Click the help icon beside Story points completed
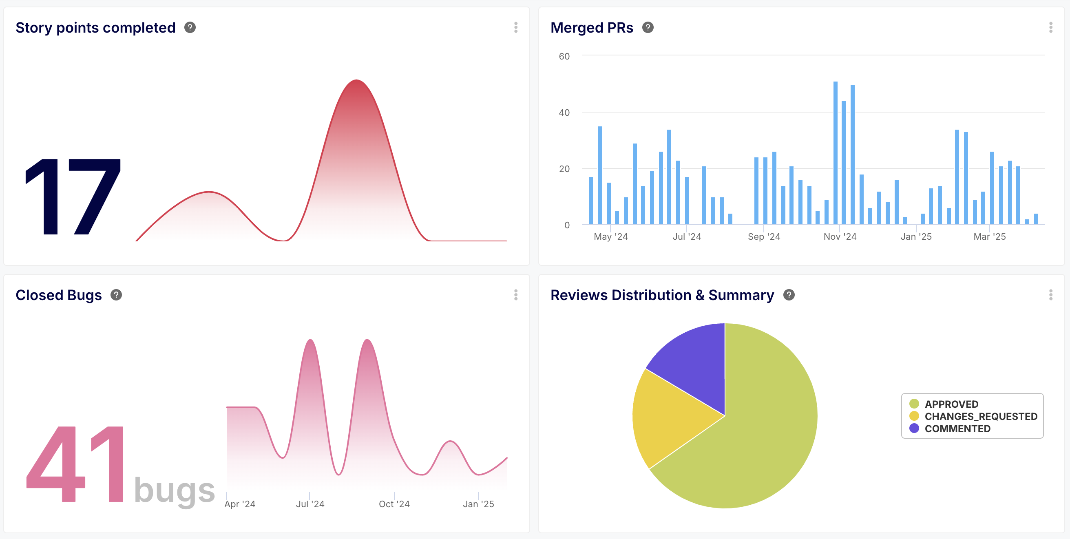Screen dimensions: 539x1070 190,28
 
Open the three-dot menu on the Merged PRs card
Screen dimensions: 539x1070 1050,28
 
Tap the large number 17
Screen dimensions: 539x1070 73,197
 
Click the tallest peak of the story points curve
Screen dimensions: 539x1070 356,81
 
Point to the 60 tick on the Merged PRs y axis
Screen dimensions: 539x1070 564,57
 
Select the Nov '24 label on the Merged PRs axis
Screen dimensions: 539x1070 840,237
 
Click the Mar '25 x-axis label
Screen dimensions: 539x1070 989,237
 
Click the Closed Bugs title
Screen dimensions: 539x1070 59,295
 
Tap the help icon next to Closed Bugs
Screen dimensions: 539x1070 116,295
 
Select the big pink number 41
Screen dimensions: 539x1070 75,464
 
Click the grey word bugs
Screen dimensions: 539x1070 175,490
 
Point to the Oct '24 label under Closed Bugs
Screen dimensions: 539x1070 394,504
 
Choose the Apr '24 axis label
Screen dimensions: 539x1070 240,504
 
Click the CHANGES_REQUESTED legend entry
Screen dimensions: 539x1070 981,417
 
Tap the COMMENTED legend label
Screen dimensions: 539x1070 957,429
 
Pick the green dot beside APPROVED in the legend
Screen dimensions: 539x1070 914,404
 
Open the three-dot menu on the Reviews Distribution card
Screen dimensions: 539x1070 1050,295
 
